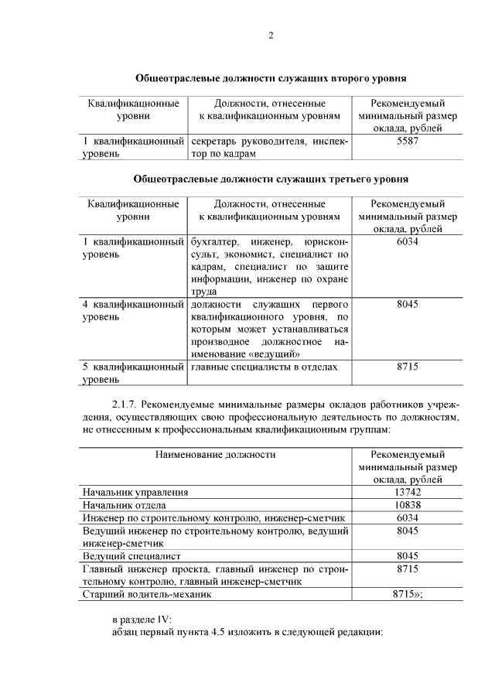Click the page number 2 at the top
271,36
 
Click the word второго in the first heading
332,79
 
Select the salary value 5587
408,142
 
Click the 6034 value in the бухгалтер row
408,242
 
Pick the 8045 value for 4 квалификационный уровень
408,304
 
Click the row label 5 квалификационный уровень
133,372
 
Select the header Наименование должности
215,454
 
